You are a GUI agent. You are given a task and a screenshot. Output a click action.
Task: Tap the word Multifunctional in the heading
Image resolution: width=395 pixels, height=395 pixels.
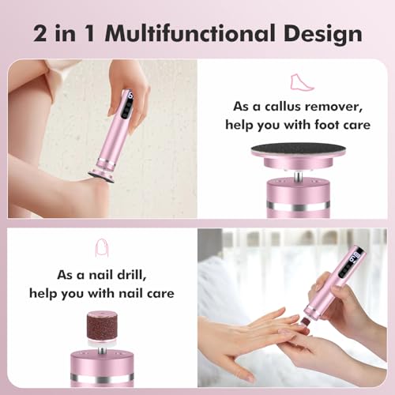click(x=188, y=34)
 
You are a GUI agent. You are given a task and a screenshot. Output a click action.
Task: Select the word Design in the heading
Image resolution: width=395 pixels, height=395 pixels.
click(x=323, y=34)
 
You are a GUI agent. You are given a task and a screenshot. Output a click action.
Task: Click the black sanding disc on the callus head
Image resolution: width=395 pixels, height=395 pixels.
click(x=295, y=150)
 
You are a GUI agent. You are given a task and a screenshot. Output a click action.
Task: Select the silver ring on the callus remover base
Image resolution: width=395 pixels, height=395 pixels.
click(x=295, y=207)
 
